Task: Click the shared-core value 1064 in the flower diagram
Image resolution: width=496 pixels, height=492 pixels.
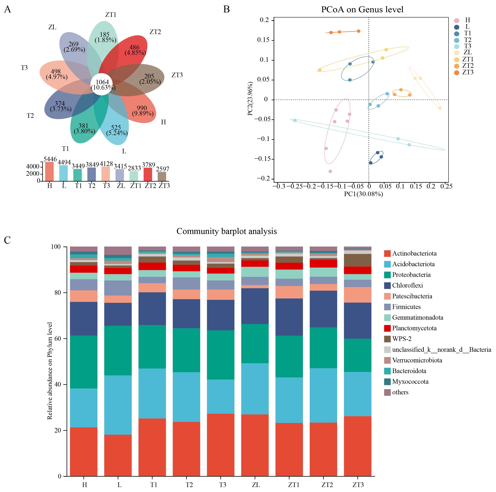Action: point(102,82)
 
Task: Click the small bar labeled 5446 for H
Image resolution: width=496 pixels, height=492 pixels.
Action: point(50,171)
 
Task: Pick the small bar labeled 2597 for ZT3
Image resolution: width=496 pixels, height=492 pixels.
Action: point(162,177)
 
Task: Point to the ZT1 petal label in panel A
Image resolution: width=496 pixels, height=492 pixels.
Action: point(111,15)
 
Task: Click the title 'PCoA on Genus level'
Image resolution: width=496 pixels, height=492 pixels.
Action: point(362,10)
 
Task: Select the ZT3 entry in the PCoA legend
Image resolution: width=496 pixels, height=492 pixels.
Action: point(464,72)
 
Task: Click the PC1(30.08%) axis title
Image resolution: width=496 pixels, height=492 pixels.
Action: point(364,194)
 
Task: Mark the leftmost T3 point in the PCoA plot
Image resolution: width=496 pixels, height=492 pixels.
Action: point(295,121)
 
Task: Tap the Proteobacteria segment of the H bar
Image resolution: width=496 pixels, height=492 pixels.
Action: point(84,362)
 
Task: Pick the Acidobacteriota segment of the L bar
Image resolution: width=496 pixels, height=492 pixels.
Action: point(118,405)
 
